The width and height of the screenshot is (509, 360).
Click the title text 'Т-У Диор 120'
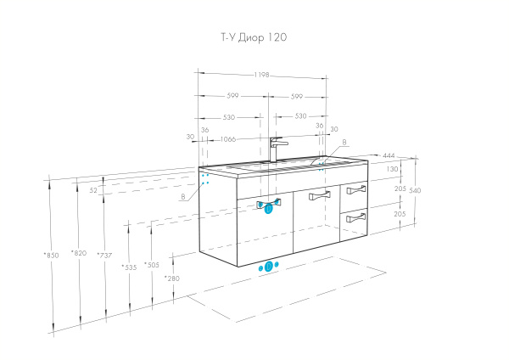254,38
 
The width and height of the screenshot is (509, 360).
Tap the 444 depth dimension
389,155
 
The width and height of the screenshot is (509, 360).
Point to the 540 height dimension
415,190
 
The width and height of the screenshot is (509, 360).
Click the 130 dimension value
392,169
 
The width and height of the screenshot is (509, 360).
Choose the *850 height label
52,255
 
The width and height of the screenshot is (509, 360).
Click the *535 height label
129,267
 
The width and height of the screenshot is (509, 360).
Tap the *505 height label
152,265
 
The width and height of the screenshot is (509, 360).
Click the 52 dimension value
94,191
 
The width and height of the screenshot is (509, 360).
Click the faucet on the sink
275,149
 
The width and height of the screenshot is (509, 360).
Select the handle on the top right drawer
356,190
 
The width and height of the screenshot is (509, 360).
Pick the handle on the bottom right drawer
355,218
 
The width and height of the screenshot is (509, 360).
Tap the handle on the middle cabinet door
319,198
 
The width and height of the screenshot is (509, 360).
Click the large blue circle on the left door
269,207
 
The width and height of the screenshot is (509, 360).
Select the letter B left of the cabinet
182,196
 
